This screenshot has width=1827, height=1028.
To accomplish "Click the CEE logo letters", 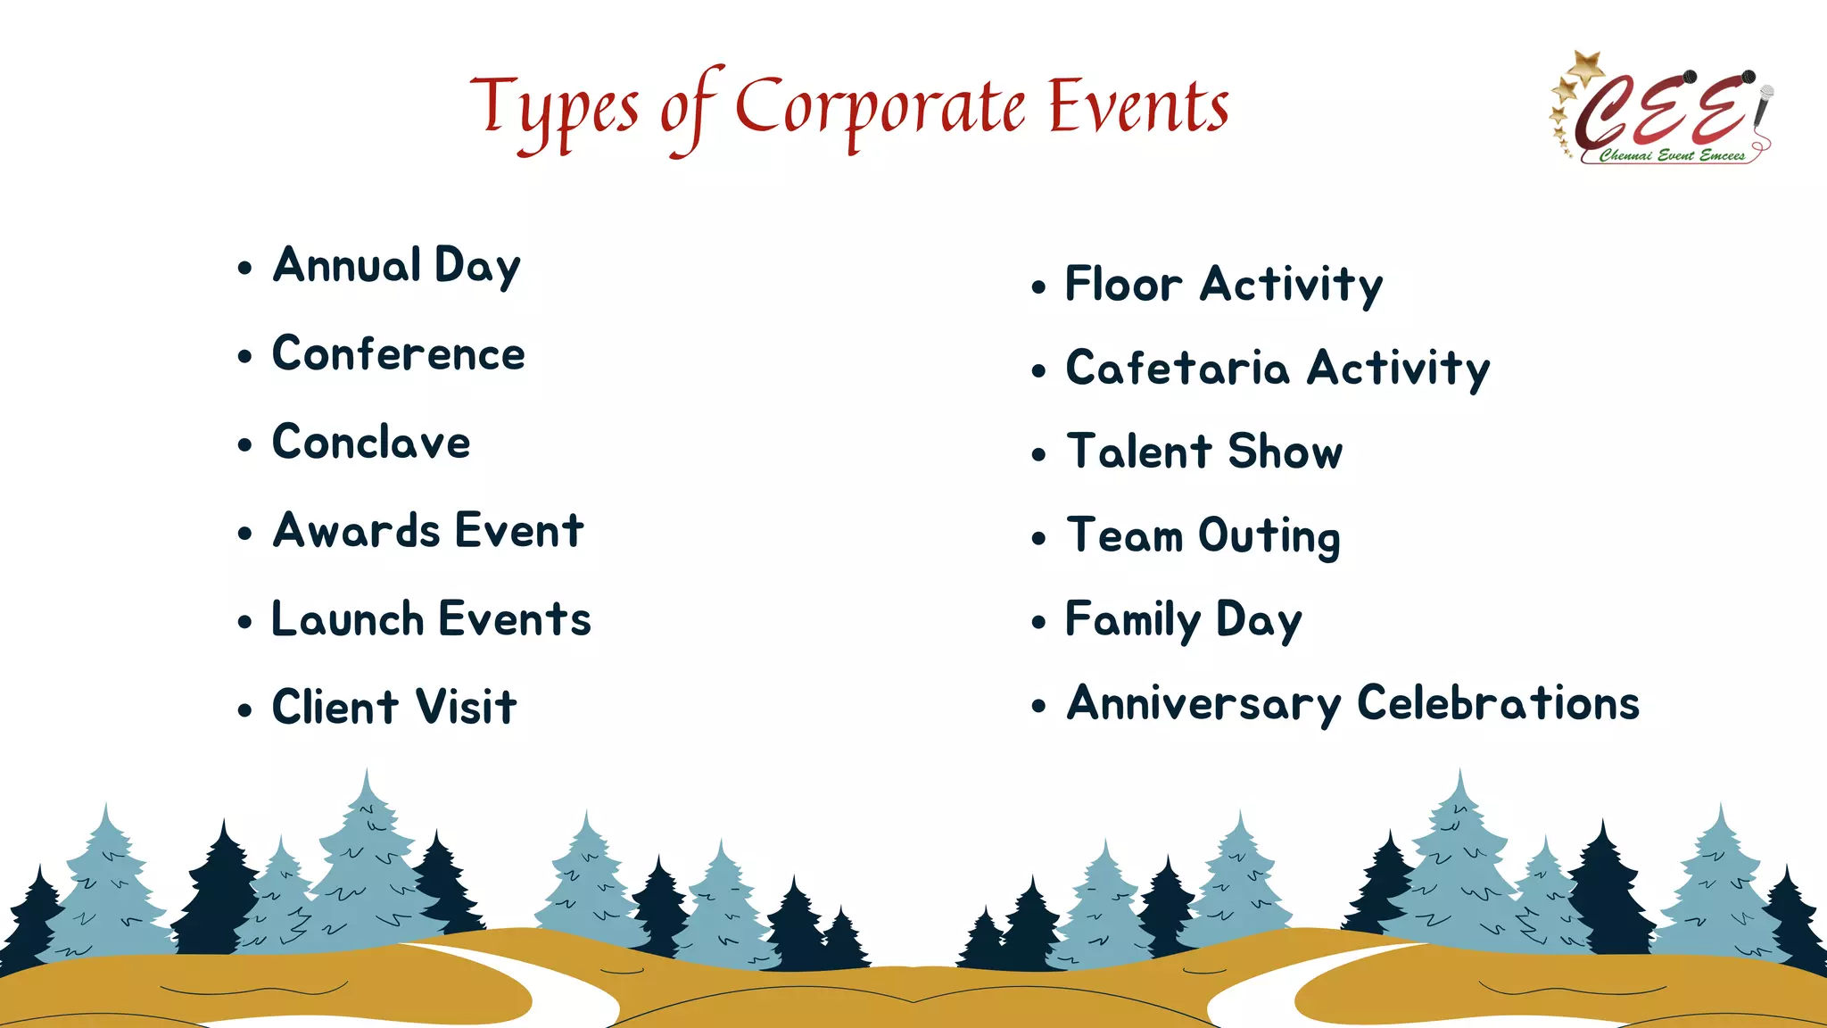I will pos(1659,112).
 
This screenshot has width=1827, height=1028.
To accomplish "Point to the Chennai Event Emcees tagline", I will pos(1671,155).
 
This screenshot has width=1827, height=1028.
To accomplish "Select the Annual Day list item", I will pos(396,266).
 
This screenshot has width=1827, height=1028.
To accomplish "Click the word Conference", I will pos(398,354).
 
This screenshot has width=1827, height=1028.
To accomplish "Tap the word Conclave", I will pos(371,443).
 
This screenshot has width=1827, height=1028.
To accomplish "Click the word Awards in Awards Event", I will pos(356,531).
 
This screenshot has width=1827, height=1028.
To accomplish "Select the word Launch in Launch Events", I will pos(347,619).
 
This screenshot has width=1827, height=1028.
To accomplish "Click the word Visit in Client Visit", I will pos(466,708).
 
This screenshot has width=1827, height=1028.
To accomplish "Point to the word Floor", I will pos(1123,285).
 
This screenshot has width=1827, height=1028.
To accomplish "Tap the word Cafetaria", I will pos(1178,369).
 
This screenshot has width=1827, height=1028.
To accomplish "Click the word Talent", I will pos(1138,452).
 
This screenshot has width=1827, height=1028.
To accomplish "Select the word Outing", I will pos(1269,536).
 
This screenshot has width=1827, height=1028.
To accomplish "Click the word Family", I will pos(1133,620).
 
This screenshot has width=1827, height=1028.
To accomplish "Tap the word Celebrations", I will pos(1498,703).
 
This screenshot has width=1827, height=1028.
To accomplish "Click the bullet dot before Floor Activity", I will pos(1038,287).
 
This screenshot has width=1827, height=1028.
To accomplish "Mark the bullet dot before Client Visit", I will pos(245,710).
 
